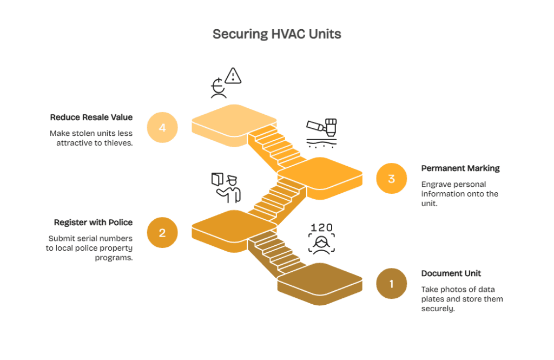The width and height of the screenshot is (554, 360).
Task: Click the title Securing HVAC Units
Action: tap(276, 34)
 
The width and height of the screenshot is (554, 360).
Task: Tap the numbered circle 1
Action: tap(391, 283)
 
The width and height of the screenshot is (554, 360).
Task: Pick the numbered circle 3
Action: tap(391, 178)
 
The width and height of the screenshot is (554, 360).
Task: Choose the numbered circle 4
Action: tap(162, 128)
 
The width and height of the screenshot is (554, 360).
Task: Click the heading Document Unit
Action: tap(451, 273)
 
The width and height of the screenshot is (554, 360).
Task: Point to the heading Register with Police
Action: tap(93, 222)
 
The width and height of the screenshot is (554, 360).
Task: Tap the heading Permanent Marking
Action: tap(460, 168)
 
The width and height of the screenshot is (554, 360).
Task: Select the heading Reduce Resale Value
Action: tap(91, 117)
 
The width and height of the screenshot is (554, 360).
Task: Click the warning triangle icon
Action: tap(233, 76)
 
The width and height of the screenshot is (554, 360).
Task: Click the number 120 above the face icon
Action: tap(321, 227)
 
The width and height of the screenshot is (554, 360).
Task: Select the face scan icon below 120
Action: tap(321, 243)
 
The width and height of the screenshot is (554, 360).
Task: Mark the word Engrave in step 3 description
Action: tap(436, 184)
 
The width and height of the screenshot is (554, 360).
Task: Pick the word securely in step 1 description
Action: tap(438, 309)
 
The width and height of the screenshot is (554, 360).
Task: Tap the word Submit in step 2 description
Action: tap(60, 238)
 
